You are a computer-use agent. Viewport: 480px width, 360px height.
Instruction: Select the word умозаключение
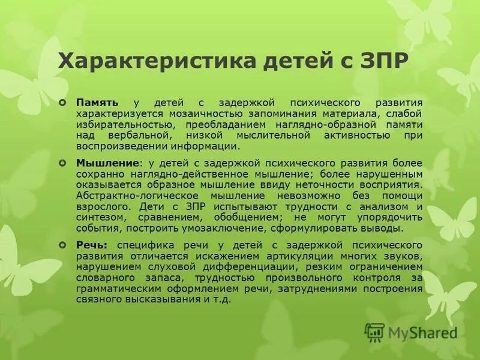point(235,229)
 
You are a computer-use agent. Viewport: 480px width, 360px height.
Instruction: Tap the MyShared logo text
point(422,332)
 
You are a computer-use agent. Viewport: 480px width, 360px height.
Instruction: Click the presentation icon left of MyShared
point(375,332)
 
